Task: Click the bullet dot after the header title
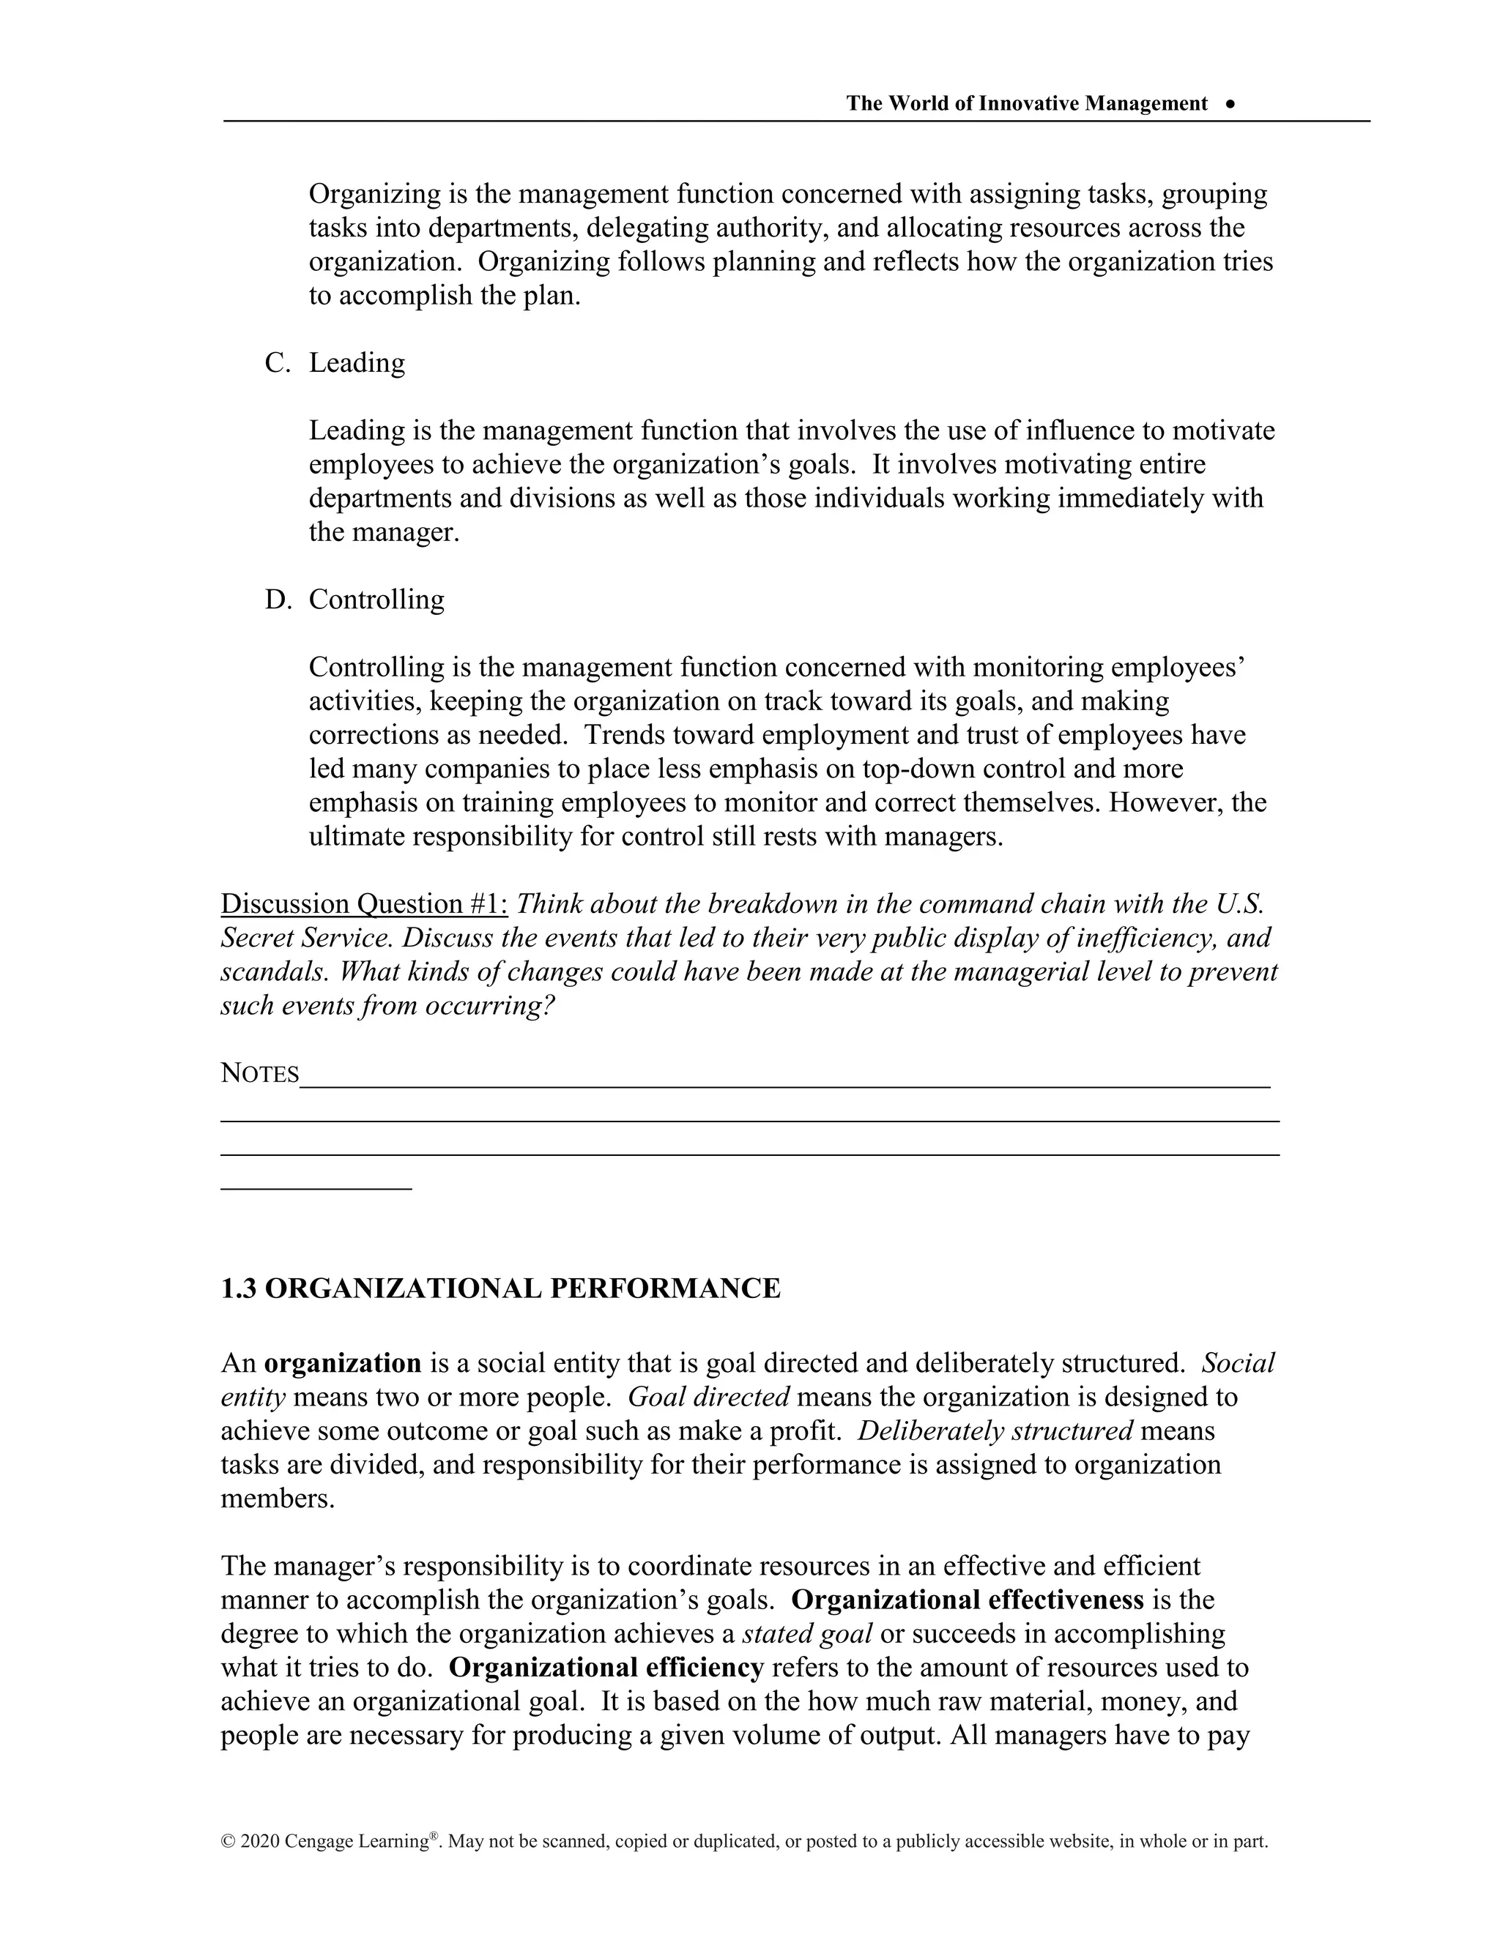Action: coord(1230,104)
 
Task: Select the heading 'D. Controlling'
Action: coord(354,600)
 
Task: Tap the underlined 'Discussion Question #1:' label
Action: coord(364,904)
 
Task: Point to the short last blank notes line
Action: coord(316,1188)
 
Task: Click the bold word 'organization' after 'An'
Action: coord(343,1362)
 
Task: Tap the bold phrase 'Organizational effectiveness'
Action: coord(967,1600)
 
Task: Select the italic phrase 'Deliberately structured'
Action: coord(995,1430)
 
